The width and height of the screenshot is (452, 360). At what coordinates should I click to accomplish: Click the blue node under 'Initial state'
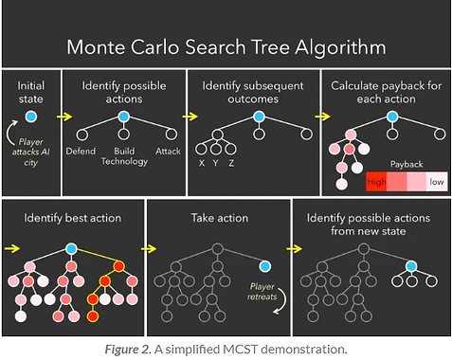(x=31, y=116)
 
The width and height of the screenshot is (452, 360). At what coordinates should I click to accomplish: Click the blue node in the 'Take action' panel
(x=264, y=265)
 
